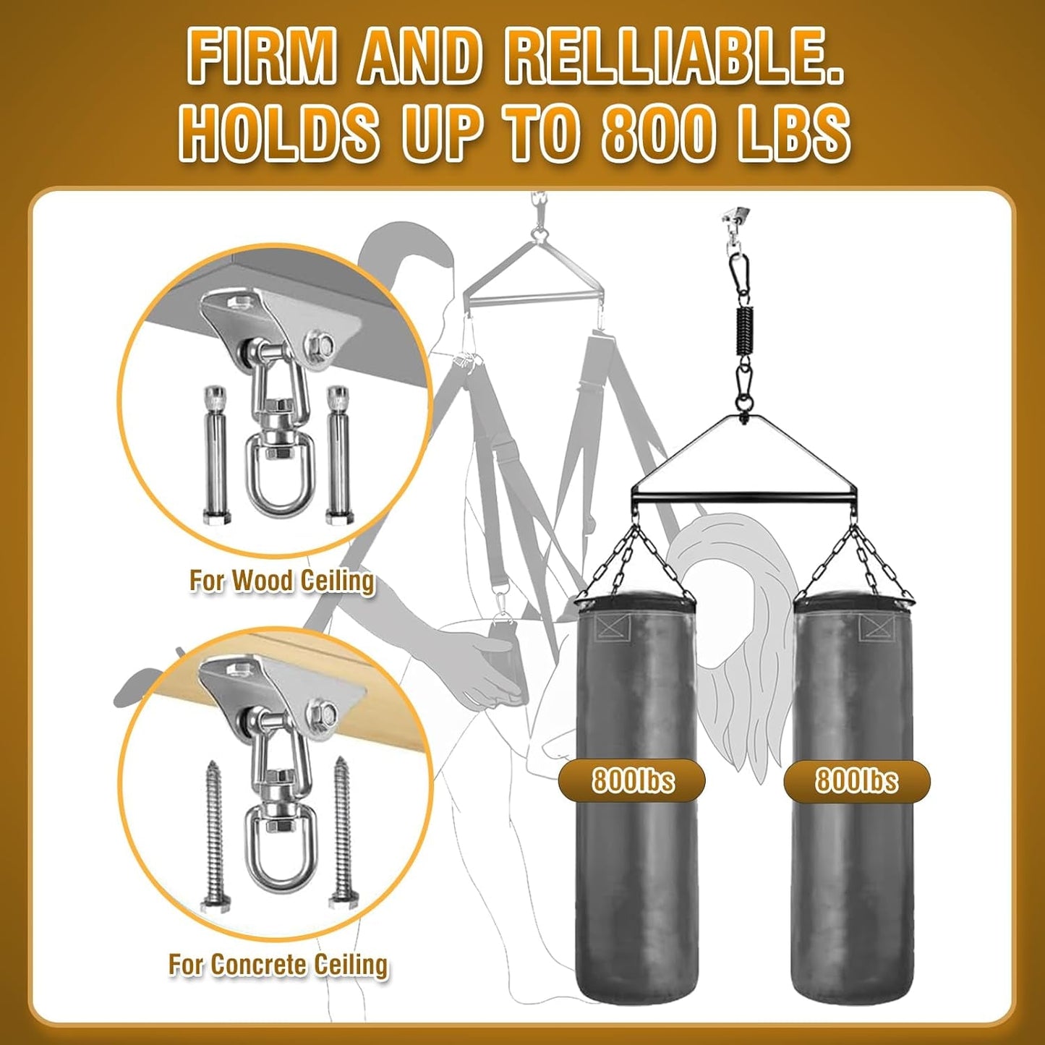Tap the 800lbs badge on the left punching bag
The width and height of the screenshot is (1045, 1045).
point(632,780)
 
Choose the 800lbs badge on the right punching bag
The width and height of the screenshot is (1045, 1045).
point(857,780)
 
